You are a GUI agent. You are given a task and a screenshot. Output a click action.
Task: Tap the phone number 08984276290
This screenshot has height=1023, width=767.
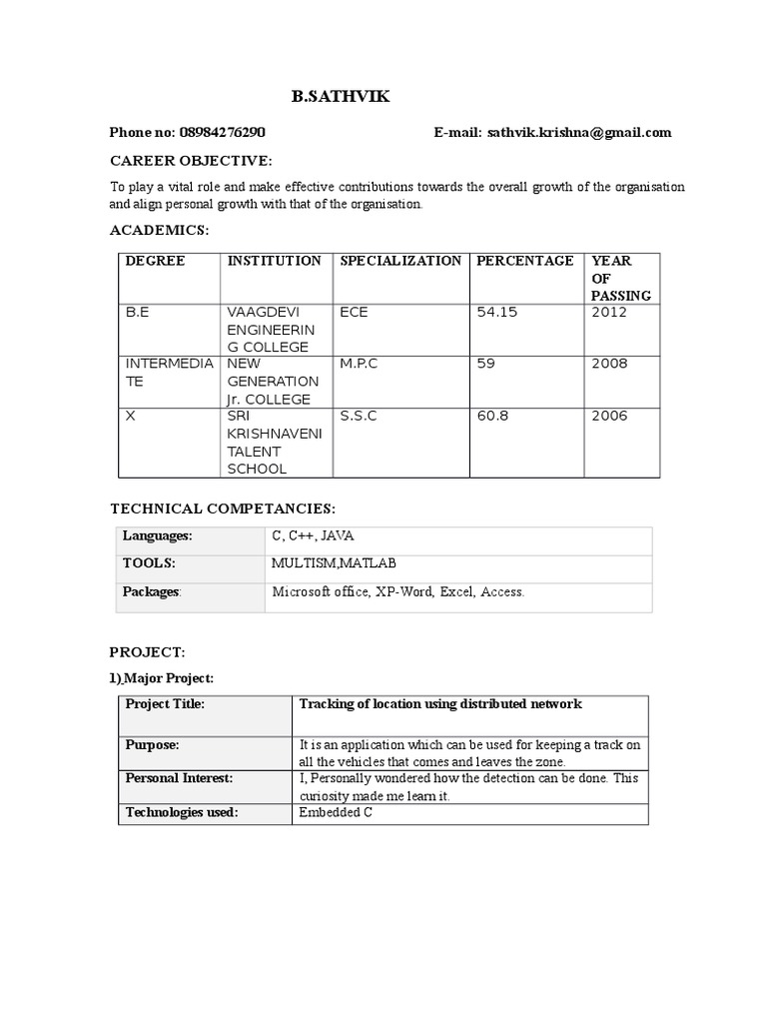coord(222,133)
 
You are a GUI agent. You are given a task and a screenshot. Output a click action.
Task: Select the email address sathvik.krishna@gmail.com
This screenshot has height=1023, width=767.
coord(579,133)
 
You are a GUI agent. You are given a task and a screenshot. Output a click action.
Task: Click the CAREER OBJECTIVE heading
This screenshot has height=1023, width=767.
coord(190,161)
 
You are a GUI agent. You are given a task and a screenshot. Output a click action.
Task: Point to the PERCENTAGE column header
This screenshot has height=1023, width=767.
coord(525,261)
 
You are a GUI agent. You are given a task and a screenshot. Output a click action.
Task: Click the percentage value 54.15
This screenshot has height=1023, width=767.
coord(497,313)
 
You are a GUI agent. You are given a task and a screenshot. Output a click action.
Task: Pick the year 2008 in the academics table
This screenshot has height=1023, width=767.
coord(608,365)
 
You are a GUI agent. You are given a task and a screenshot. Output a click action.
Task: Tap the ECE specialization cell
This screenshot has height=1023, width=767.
coord(355,313)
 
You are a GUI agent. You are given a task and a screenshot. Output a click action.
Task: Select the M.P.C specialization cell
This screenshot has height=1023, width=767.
coord(360,365)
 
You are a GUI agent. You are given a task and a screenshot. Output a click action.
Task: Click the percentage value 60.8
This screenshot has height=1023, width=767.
coord(493,417)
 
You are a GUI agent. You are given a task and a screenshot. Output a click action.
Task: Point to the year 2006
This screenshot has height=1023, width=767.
coord(608,417)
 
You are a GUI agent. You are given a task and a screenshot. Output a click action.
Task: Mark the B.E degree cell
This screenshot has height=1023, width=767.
coord(136,313)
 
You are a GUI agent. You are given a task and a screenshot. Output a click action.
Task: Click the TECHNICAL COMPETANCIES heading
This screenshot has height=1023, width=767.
coord(222,508)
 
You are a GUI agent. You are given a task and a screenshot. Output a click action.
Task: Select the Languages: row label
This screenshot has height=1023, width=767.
coord(157,536)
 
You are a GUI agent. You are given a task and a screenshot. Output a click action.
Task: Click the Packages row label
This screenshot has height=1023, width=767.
coord(152,592)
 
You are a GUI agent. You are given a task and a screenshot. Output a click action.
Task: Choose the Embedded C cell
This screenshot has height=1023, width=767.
coord(336,813)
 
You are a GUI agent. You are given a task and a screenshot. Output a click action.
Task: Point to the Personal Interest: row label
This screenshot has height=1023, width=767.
coord(179,778)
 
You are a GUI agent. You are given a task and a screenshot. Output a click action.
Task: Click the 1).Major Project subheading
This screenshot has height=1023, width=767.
coord(161,679)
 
